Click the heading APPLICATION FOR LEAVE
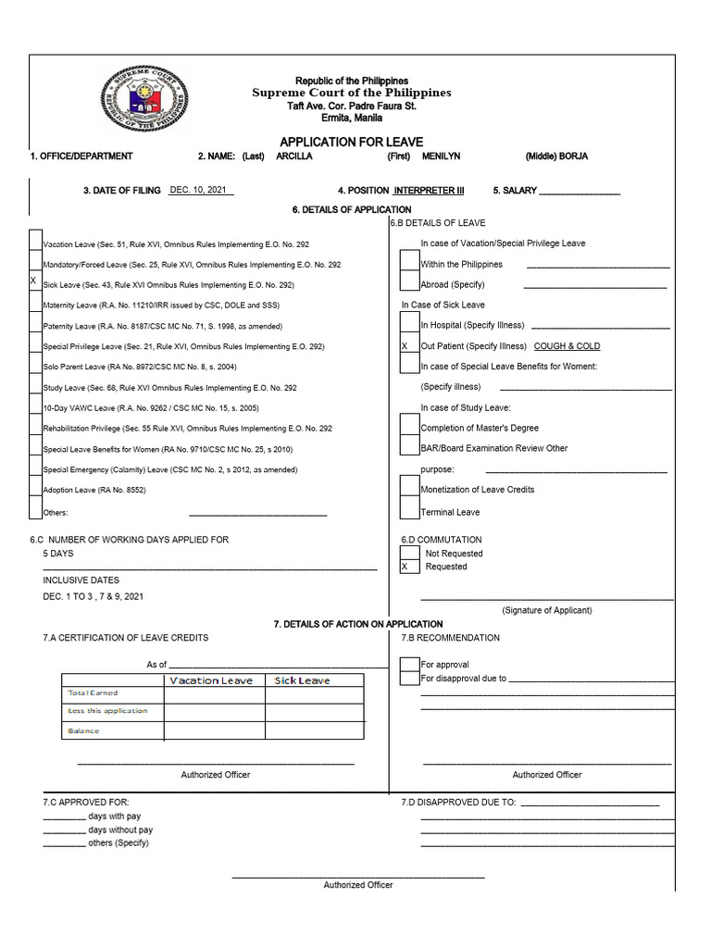[x=351, y=142]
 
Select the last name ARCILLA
[x=294, y=156]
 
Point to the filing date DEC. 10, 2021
[x=200, y=190]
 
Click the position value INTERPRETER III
[x=430, y=191]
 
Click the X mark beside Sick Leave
[x=33, y=281]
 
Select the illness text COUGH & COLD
[x=567, y=346]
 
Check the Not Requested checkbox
[x=409, y=553]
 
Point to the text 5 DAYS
[x=59, y=553]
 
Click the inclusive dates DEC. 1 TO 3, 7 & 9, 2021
[x=94, y=597]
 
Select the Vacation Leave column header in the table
[x=211, y=680]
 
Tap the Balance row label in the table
[x=83, y=731]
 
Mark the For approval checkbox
[x=409, y=664]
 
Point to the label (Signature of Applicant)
[x=546, y=610]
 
